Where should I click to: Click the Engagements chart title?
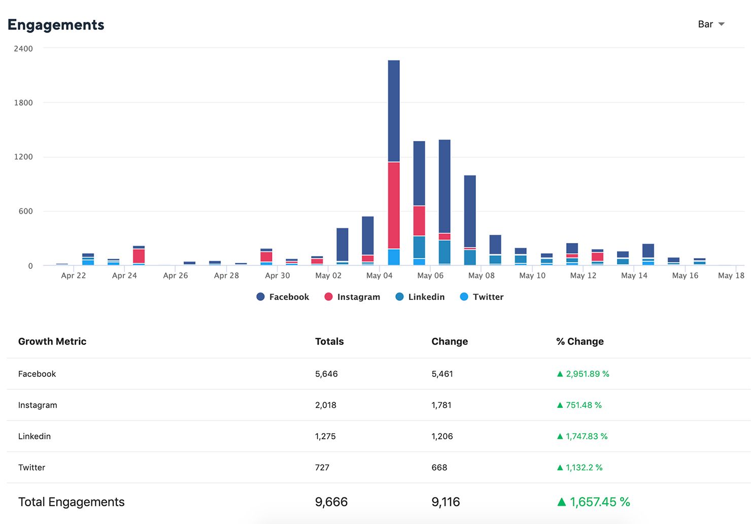coord(56,25)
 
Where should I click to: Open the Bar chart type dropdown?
coord(711,24)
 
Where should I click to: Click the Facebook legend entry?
coord(283,297)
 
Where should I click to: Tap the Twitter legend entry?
coord(482,297)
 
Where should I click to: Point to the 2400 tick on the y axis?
coord(23,49)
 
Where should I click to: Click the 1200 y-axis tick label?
coord(23,157)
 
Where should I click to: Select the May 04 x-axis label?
coord(379,275)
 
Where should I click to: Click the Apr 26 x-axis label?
coord(176,275)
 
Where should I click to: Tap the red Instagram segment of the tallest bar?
coord(394,205)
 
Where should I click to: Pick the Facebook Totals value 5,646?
coord(326,374)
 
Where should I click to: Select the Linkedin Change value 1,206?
coord(442,436)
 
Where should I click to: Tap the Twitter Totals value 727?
coord(322,468)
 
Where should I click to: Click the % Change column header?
coord(580,341)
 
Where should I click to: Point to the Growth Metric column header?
coord(52,341)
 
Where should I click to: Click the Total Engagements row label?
coord(72,502)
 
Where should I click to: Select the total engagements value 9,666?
coord(331,502)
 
